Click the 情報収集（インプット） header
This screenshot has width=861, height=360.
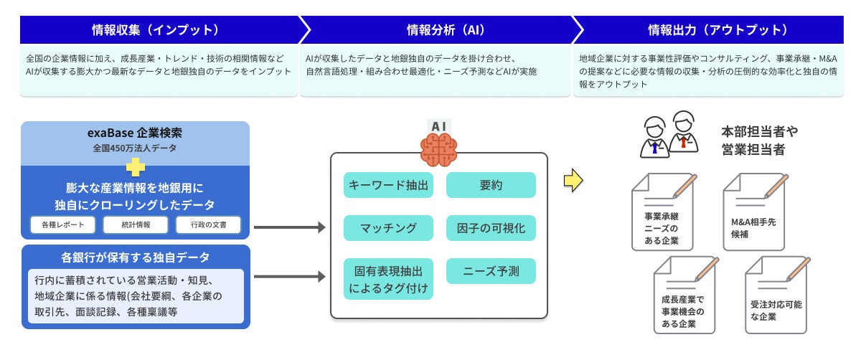pos(155,30)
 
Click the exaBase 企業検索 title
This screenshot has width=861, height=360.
pos(136,133)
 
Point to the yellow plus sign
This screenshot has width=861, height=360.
pos(136,166)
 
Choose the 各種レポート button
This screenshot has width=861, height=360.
pos(62,225)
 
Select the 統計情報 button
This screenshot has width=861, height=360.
pos(136,225)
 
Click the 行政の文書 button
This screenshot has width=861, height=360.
pos(208,225)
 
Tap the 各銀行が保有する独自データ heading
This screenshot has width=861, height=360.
pos(136,257)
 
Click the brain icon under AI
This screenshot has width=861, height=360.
pos(438,149)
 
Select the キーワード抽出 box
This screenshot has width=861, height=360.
pos(388,186)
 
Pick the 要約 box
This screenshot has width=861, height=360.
pos(491,186)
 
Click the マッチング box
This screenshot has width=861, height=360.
pos(388,228)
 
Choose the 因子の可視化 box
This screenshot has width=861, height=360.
pos(491,228)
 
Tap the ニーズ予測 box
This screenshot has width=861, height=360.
pos(491,271)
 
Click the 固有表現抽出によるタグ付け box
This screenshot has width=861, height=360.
pos(388,279)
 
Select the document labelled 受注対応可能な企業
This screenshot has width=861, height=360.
pos(775,295)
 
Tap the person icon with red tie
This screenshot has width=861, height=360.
pos(684,131)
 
